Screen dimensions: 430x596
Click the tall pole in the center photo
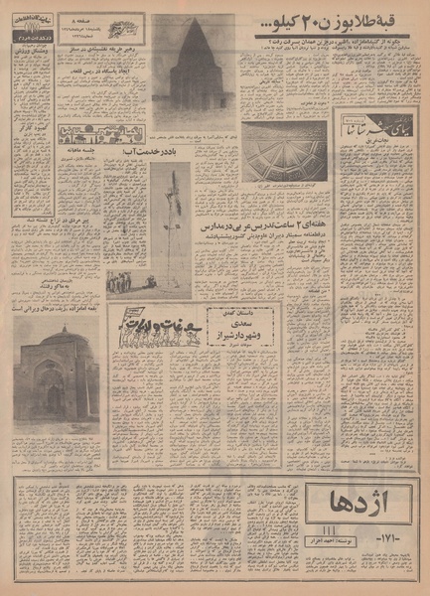point(170,223)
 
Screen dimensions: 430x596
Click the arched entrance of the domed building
point(56,395)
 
